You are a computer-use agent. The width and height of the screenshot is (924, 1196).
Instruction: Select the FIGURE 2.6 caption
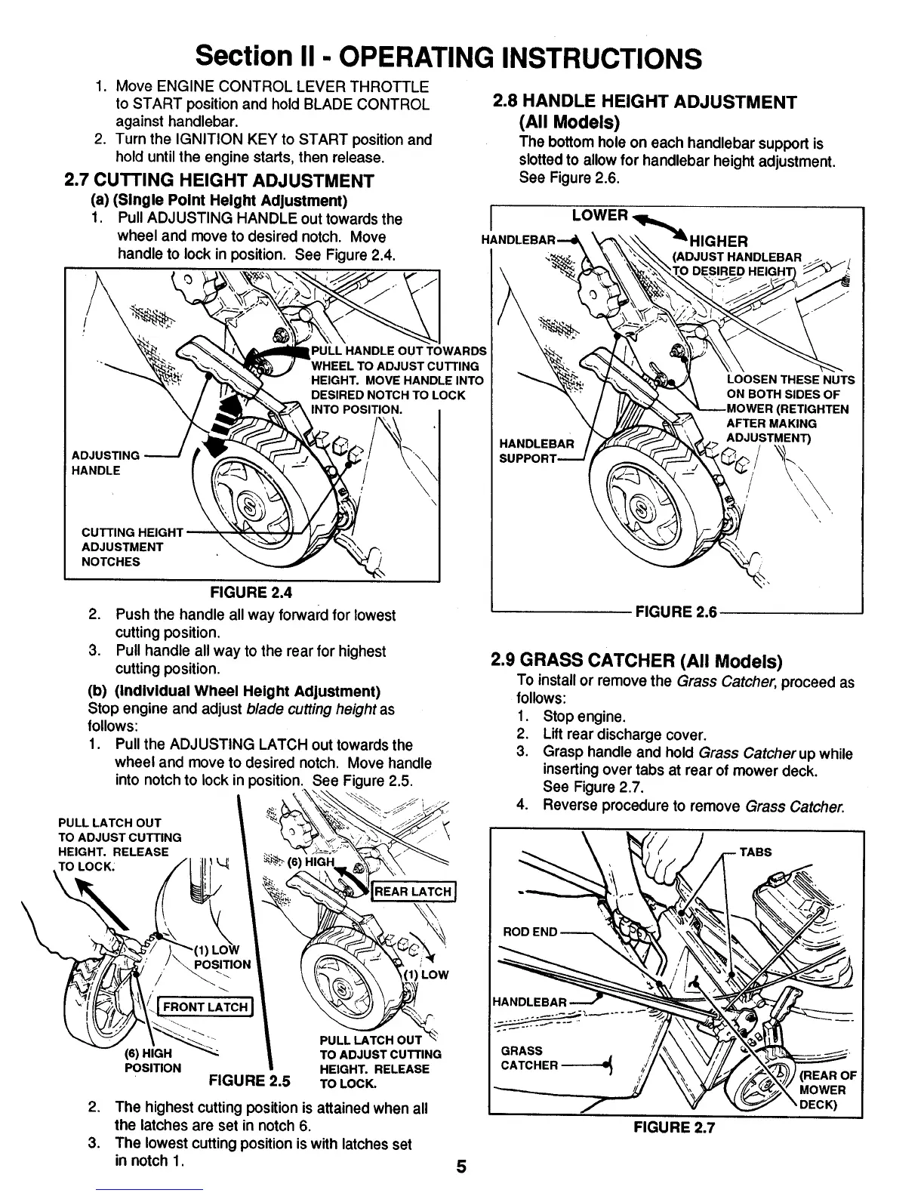tap(676, 612)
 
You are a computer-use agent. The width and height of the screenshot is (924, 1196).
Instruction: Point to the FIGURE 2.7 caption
tap(673, 1127)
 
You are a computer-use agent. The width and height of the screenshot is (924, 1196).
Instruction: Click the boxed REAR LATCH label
tap(413, 892)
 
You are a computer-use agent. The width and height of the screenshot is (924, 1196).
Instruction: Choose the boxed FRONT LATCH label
tap(205, 1006)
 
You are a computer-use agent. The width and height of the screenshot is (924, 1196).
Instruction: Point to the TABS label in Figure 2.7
tap(755, 852)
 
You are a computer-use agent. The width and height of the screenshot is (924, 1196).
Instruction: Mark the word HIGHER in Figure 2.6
tap(719, 241)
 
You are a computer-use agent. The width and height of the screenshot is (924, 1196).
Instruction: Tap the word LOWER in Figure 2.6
tap(600, 215)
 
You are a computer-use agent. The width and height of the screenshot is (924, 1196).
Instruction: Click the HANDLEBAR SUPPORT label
tap(537, 451)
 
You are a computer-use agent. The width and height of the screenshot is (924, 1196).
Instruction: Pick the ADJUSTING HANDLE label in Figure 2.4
tap(105, 463)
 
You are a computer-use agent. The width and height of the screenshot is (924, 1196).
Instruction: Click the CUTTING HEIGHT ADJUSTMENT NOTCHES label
tap(122, 547)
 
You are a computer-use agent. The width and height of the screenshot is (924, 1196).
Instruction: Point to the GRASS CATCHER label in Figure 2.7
tap(529, 1058)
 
